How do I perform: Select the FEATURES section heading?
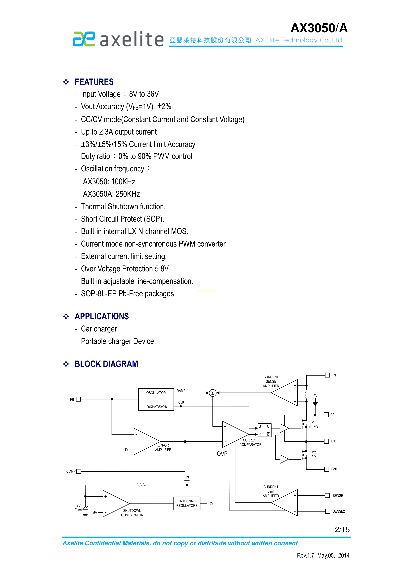click(x=94, y=82)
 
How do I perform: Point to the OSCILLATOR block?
click(x=156, y=400)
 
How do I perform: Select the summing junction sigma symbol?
click(x=213, y=393)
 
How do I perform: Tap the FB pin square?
click(x=78, y=399)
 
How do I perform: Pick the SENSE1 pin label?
click(x=338, y=496)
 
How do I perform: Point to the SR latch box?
click(x=264, y=430)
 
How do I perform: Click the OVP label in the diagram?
click(x=222, y=454)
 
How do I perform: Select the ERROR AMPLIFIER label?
click(x=163, y=447)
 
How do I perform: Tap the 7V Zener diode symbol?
click(x=86, y=508)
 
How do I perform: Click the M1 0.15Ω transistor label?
click(x=314, y=425)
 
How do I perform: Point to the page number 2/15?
click(x=342, y=530)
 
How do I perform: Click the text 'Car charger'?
click(x=99, y=329)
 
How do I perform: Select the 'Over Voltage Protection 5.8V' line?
click(x=125, y=269)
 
